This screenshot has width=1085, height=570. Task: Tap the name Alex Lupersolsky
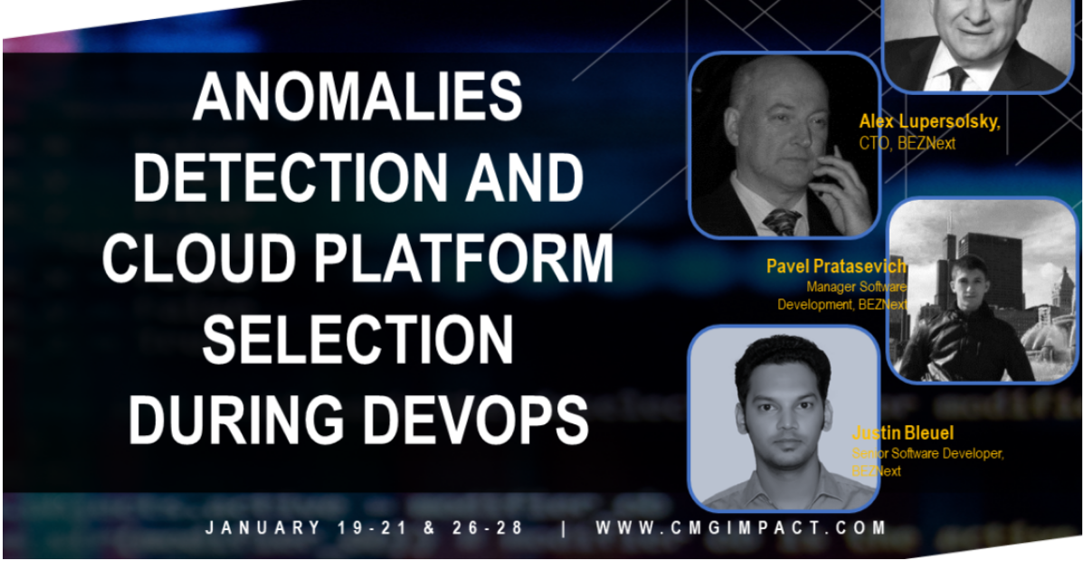pyautogui.click(x=929, y=122)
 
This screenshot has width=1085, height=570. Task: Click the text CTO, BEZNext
pyautogui.click(x=907, y=143)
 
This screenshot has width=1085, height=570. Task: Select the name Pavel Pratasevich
pyautogui.click(x=837, y=266)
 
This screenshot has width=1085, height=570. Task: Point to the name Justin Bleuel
pyautogui.click(x=902, y=433)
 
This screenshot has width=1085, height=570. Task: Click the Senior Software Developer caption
pyautogui.click(x=927, y=453)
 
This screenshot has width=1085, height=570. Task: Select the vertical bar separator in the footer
pyautogui.click(x=563, y=527)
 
